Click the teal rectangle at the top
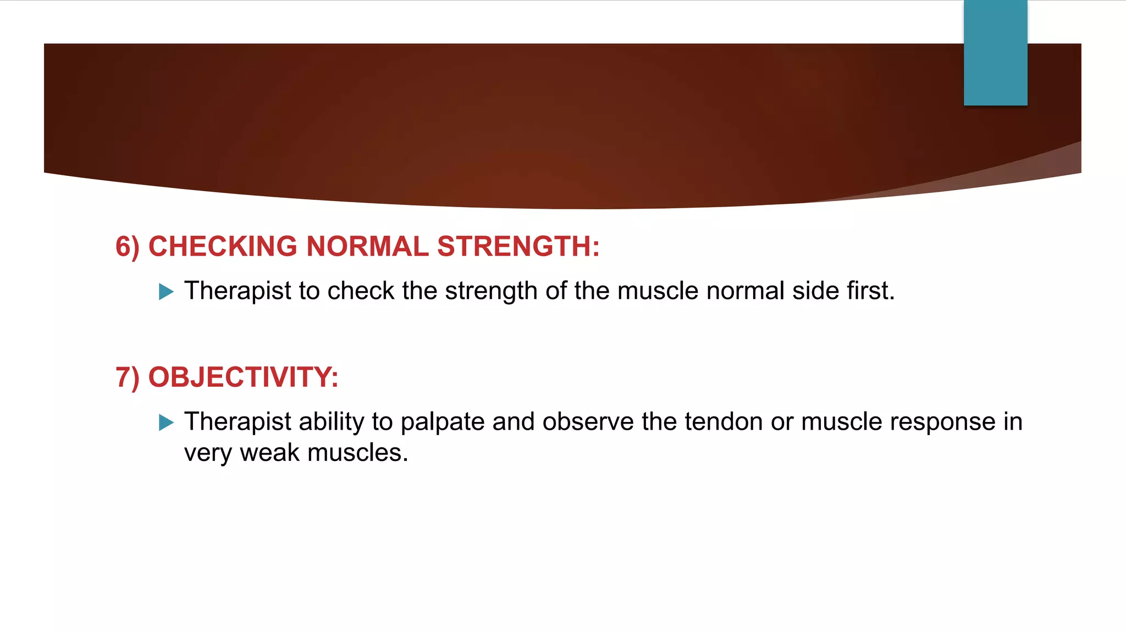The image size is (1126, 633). [995, 53]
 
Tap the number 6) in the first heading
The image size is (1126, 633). [128, 247]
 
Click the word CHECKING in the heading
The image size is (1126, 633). [223, 246]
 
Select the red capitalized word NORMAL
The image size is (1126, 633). [367, 246]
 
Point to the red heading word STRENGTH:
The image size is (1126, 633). [518, 246]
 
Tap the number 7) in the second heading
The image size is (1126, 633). [128, 377]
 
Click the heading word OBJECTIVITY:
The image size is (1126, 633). [244, 377]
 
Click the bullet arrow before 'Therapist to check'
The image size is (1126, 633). [166, 291]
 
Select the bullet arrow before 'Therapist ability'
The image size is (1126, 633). [166, 422]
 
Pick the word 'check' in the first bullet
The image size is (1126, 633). [361, 291]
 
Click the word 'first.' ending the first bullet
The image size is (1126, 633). [871, 291]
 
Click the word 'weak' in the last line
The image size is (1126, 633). [270, 453]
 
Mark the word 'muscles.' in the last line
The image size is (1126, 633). [358, 453]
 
